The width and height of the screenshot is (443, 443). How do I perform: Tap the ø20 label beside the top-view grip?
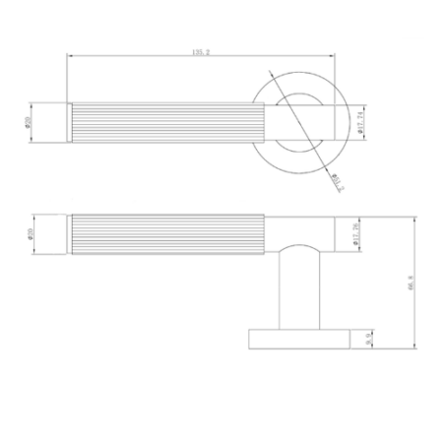click(x=30, y=122)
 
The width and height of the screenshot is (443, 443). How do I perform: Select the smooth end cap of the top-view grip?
click(x=69, y=121)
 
